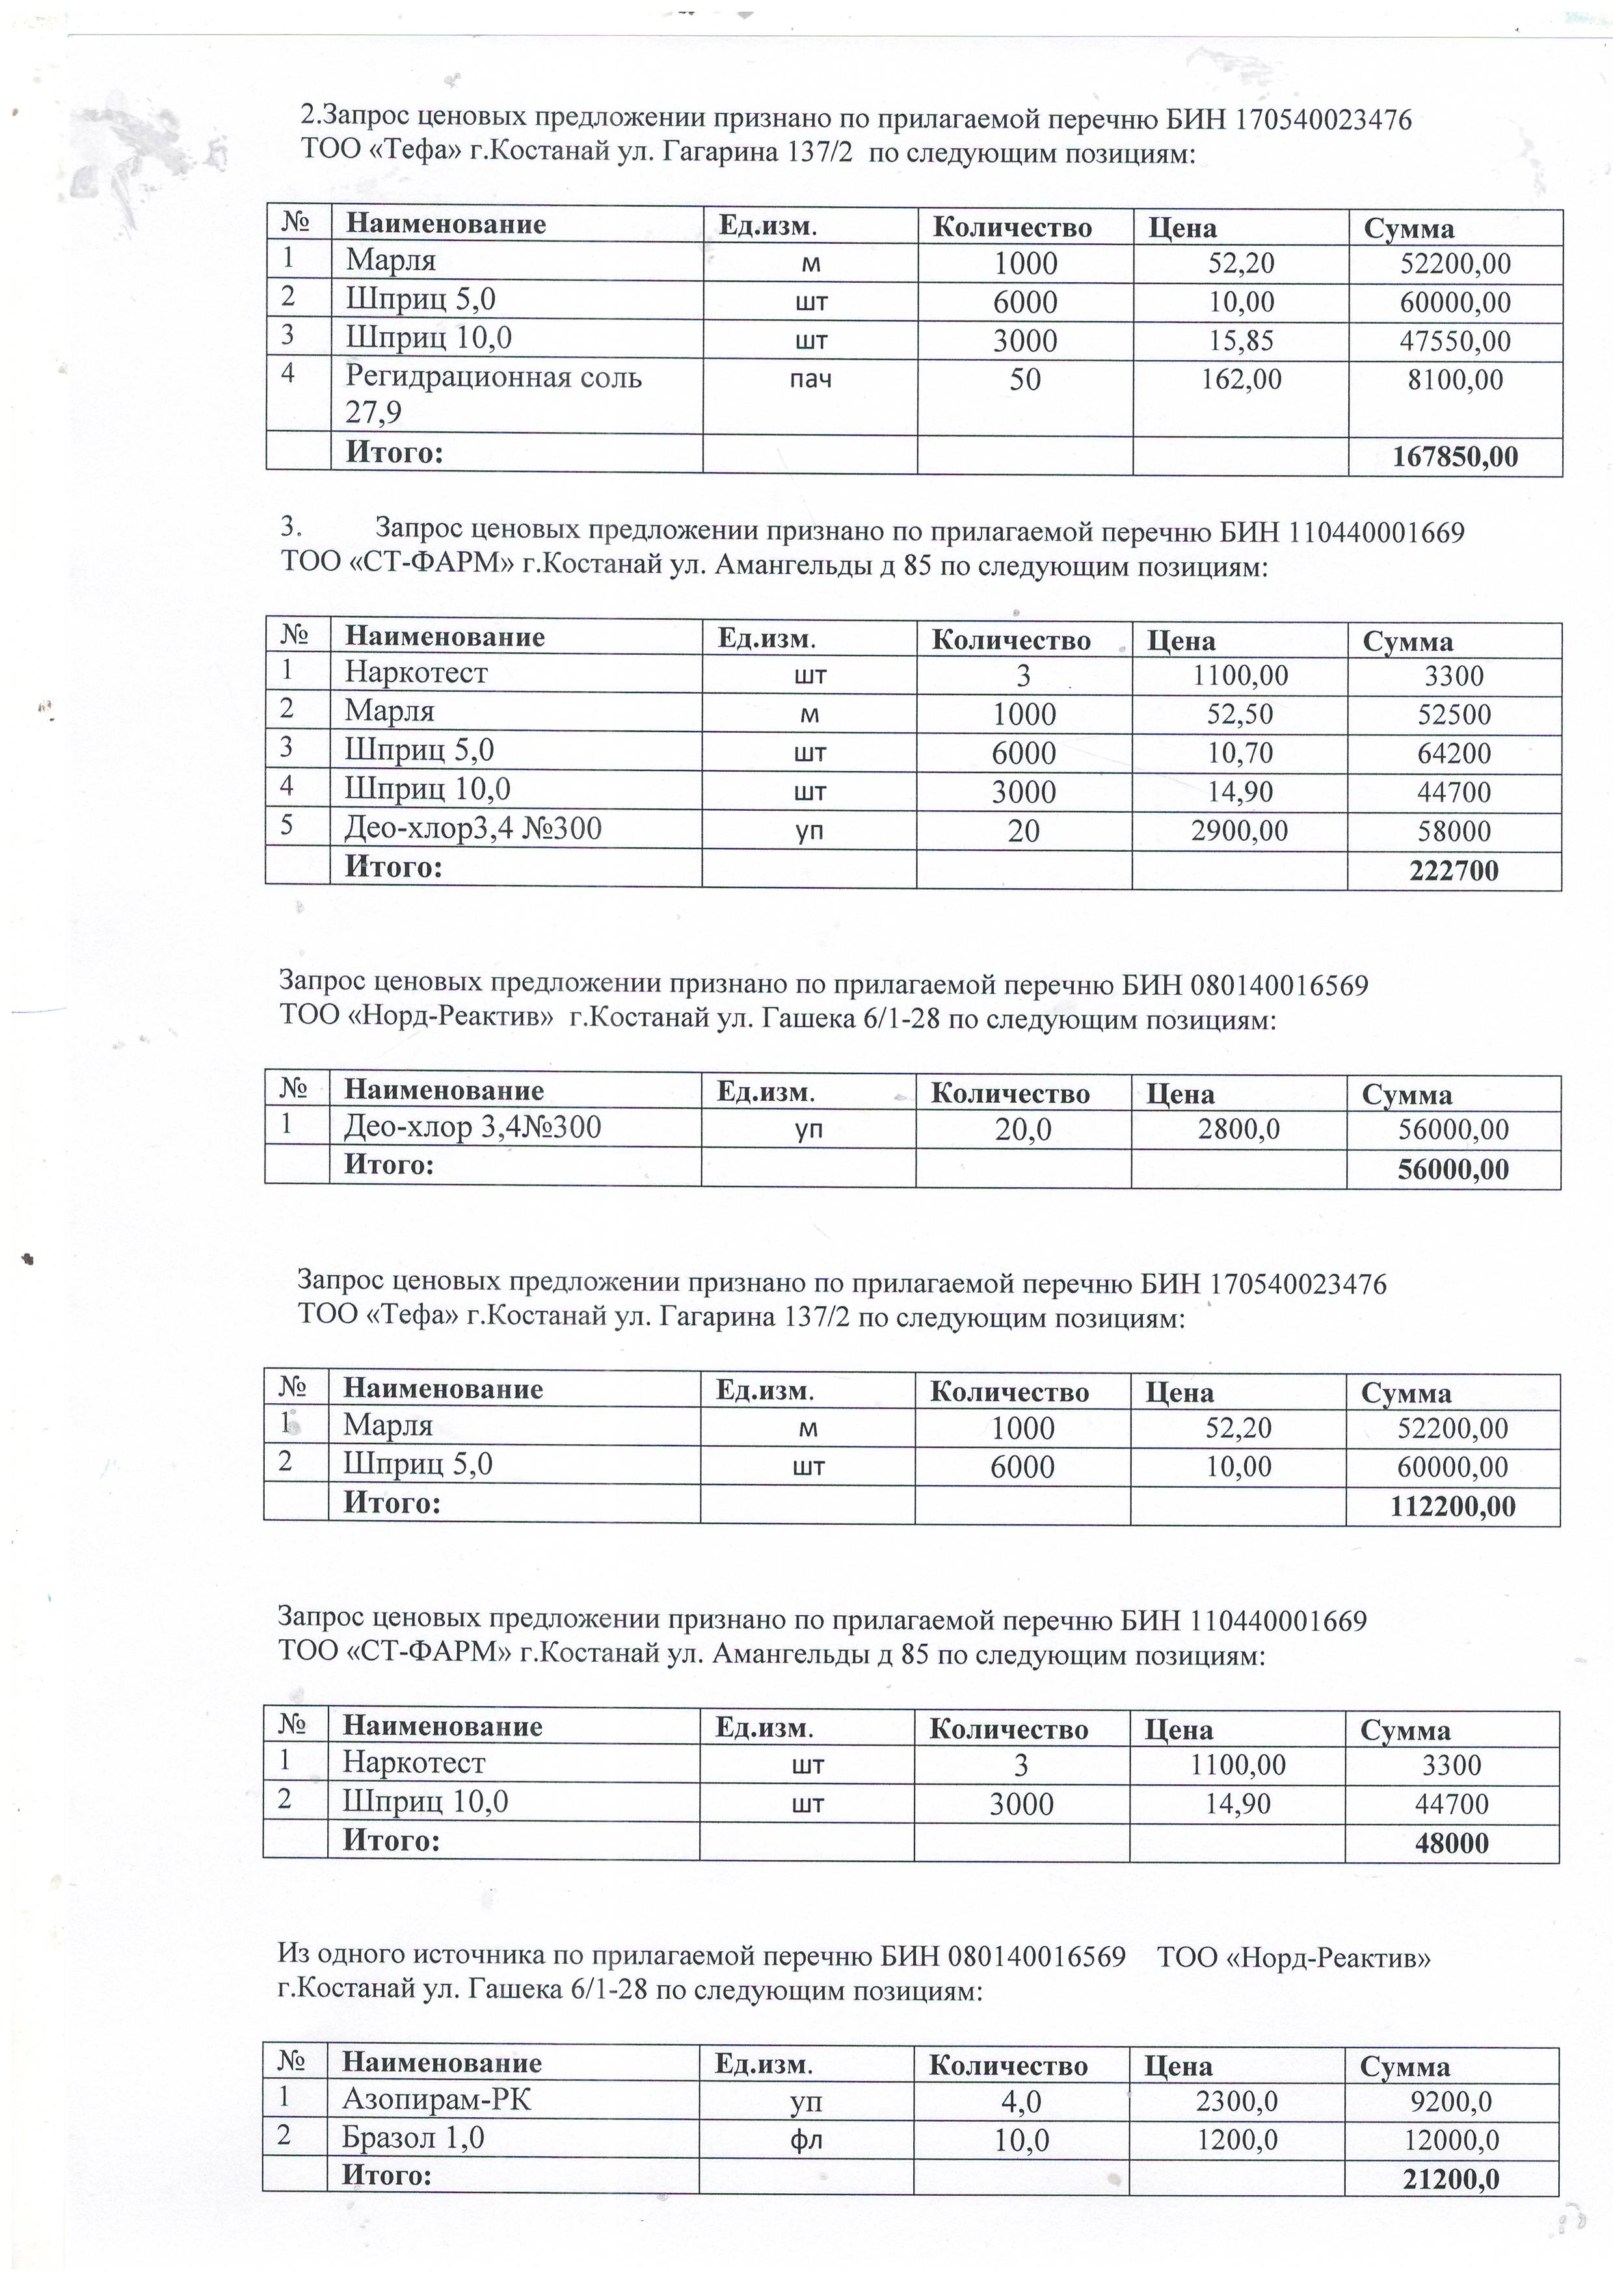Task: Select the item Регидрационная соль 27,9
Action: [x=493, y=393]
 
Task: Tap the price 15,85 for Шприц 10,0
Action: [x=1240, y=341]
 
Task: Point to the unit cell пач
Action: [x=810, y=380]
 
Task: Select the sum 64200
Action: [x=1454, y=753]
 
